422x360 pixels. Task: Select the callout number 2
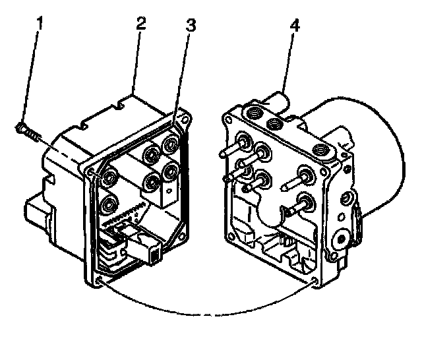pyautogui.click(x=140, y=25)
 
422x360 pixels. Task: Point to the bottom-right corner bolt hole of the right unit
pyautogui.click(x=315, y=282)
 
